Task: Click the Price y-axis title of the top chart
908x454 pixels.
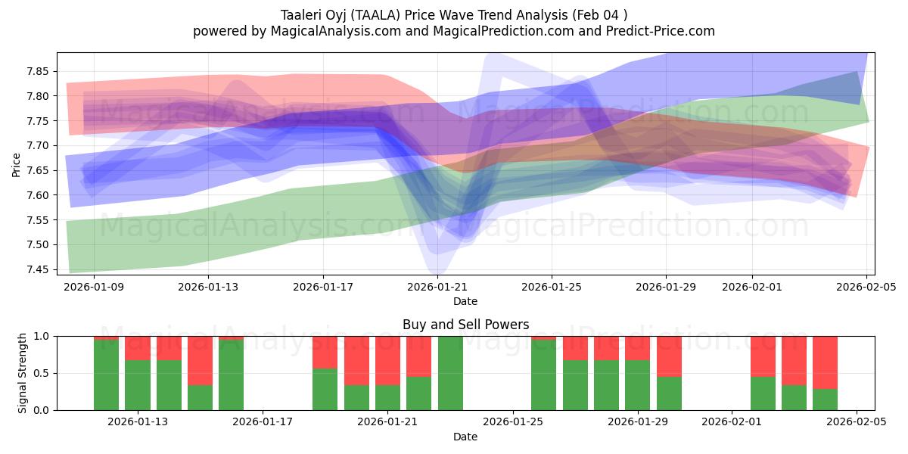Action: point(17,164)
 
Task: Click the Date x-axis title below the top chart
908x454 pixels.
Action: point(465,301)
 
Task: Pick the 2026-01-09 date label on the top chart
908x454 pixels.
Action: point(94,287)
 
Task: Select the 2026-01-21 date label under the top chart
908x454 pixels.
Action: point(437,287)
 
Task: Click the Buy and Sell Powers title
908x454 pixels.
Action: point(465,325)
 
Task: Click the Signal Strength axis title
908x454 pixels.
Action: point(23,373)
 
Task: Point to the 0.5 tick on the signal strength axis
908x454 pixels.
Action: point(42,373)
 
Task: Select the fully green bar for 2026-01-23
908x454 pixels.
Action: point(450,373)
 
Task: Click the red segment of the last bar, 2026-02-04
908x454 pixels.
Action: point(825,362)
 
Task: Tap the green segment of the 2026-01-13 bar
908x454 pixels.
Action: point(138,386)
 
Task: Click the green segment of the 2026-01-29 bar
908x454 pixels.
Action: point(638,386)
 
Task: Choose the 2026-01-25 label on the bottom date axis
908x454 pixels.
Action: point(512,422)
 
